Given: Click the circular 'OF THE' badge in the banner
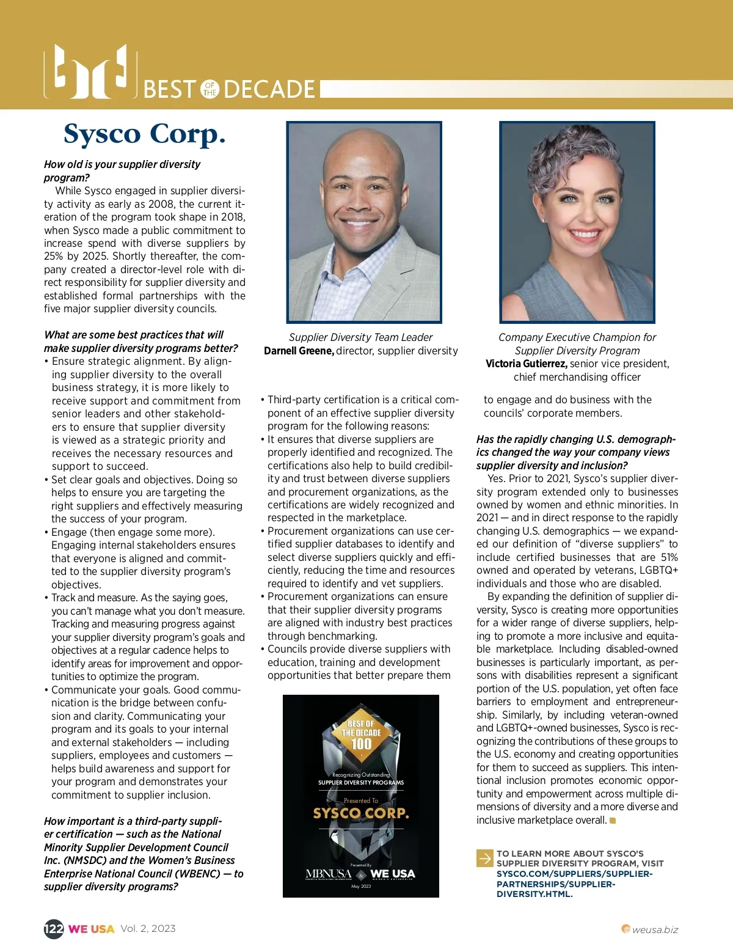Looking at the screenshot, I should [x=210, y=89].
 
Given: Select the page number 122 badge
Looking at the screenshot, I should [x=54, y=929].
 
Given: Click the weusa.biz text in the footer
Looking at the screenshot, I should [x=655, y=930].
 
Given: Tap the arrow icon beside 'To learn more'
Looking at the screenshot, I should [x=484, y=858].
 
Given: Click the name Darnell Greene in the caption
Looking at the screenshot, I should [x=299, y=351].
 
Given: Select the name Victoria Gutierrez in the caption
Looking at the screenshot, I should [x=526, y=364].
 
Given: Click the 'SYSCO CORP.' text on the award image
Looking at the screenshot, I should [x=361, y=813].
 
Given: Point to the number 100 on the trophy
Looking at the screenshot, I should [x=361, y=744].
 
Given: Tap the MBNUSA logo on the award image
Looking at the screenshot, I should [x=329, y=874].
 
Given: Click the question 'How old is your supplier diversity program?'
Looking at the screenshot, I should [x=122, y=171].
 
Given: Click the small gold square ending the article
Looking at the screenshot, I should [x=613, y=821].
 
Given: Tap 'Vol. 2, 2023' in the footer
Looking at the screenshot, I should [x=148, y=929].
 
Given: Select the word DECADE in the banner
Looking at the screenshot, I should [x=269, y=90].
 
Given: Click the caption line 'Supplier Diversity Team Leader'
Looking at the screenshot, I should [x=360, y=337].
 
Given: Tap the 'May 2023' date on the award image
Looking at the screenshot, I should [x=361, y=886].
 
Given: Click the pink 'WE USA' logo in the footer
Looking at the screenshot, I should [x=91, y=929].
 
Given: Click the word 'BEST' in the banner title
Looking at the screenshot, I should [x=170, y=90].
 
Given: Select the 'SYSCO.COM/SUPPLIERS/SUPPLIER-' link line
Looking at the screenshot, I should [x=574, y=874].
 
